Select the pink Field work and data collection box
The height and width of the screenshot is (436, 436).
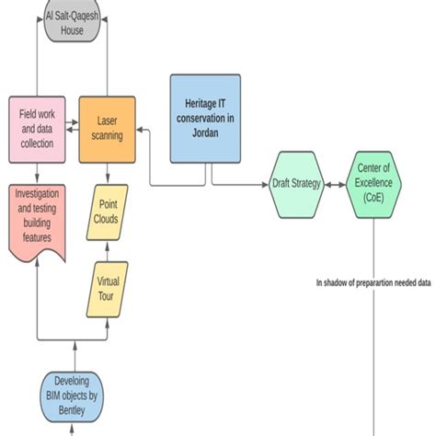coord(37,128)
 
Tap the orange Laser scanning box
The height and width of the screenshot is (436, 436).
coord(107,128)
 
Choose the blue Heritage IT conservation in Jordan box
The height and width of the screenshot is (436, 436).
coord(205,117)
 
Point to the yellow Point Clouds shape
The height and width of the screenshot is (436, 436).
coord(109,213)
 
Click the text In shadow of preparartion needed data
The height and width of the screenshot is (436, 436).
coord(373,283)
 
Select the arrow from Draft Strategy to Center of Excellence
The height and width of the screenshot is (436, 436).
coord(337,184)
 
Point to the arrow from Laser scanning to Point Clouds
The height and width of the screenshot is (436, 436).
coord(109,173)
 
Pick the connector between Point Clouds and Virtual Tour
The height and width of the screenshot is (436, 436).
coord(109,251)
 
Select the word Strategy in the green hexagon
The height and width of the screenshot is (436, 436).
coord(307,184)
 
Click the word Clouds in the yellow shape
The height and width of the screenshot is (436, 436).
coord(109,222)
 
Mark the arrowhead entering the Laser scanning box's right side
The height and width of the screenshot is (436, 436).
coord(141,132)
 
